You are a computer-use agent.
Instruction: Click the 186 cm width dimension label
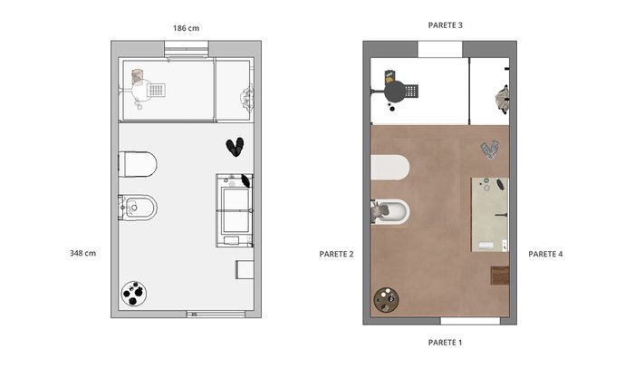point(186,28)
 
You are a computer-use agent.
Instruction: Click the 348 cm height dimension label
point(83,254)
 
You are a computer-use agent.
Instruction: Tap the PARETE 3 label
point(446,25)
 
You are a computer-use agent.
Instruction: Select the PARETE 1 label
point(445,343)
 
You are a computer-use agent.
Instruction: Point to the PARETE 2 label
point(336,254)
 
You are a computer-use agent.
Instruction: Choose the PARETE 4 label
point(545,254)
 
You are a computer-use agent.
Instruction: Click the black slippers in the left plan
point(235,147)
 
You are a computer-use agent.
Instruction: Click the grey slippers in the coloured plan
point(490,150)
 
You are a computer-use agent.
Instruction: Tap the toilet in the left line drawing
point(138,164)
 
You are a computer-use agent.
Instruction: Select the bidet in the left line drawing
point(138,208)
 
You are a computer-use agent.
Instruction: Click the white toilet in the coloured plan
point(390,167)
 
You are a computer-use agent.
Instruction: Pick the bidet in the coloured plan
point(390,211)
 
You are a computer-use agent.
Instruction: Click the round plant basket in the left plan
point(134,294)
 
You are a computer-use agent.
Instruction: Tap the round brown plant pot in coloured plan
point(386,300)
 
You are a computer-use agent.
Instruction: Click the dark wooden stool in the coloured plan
point(500,276)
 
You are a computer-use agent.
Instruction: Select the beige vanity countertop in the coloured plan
point(490,215)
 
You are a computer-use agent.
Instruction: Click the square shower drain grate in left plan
point(156,90)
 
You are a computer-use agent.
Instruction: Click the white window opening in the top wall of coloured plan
point(440,49)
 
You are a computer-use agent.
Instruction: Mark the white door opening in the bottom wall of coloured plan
point(470,321)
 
